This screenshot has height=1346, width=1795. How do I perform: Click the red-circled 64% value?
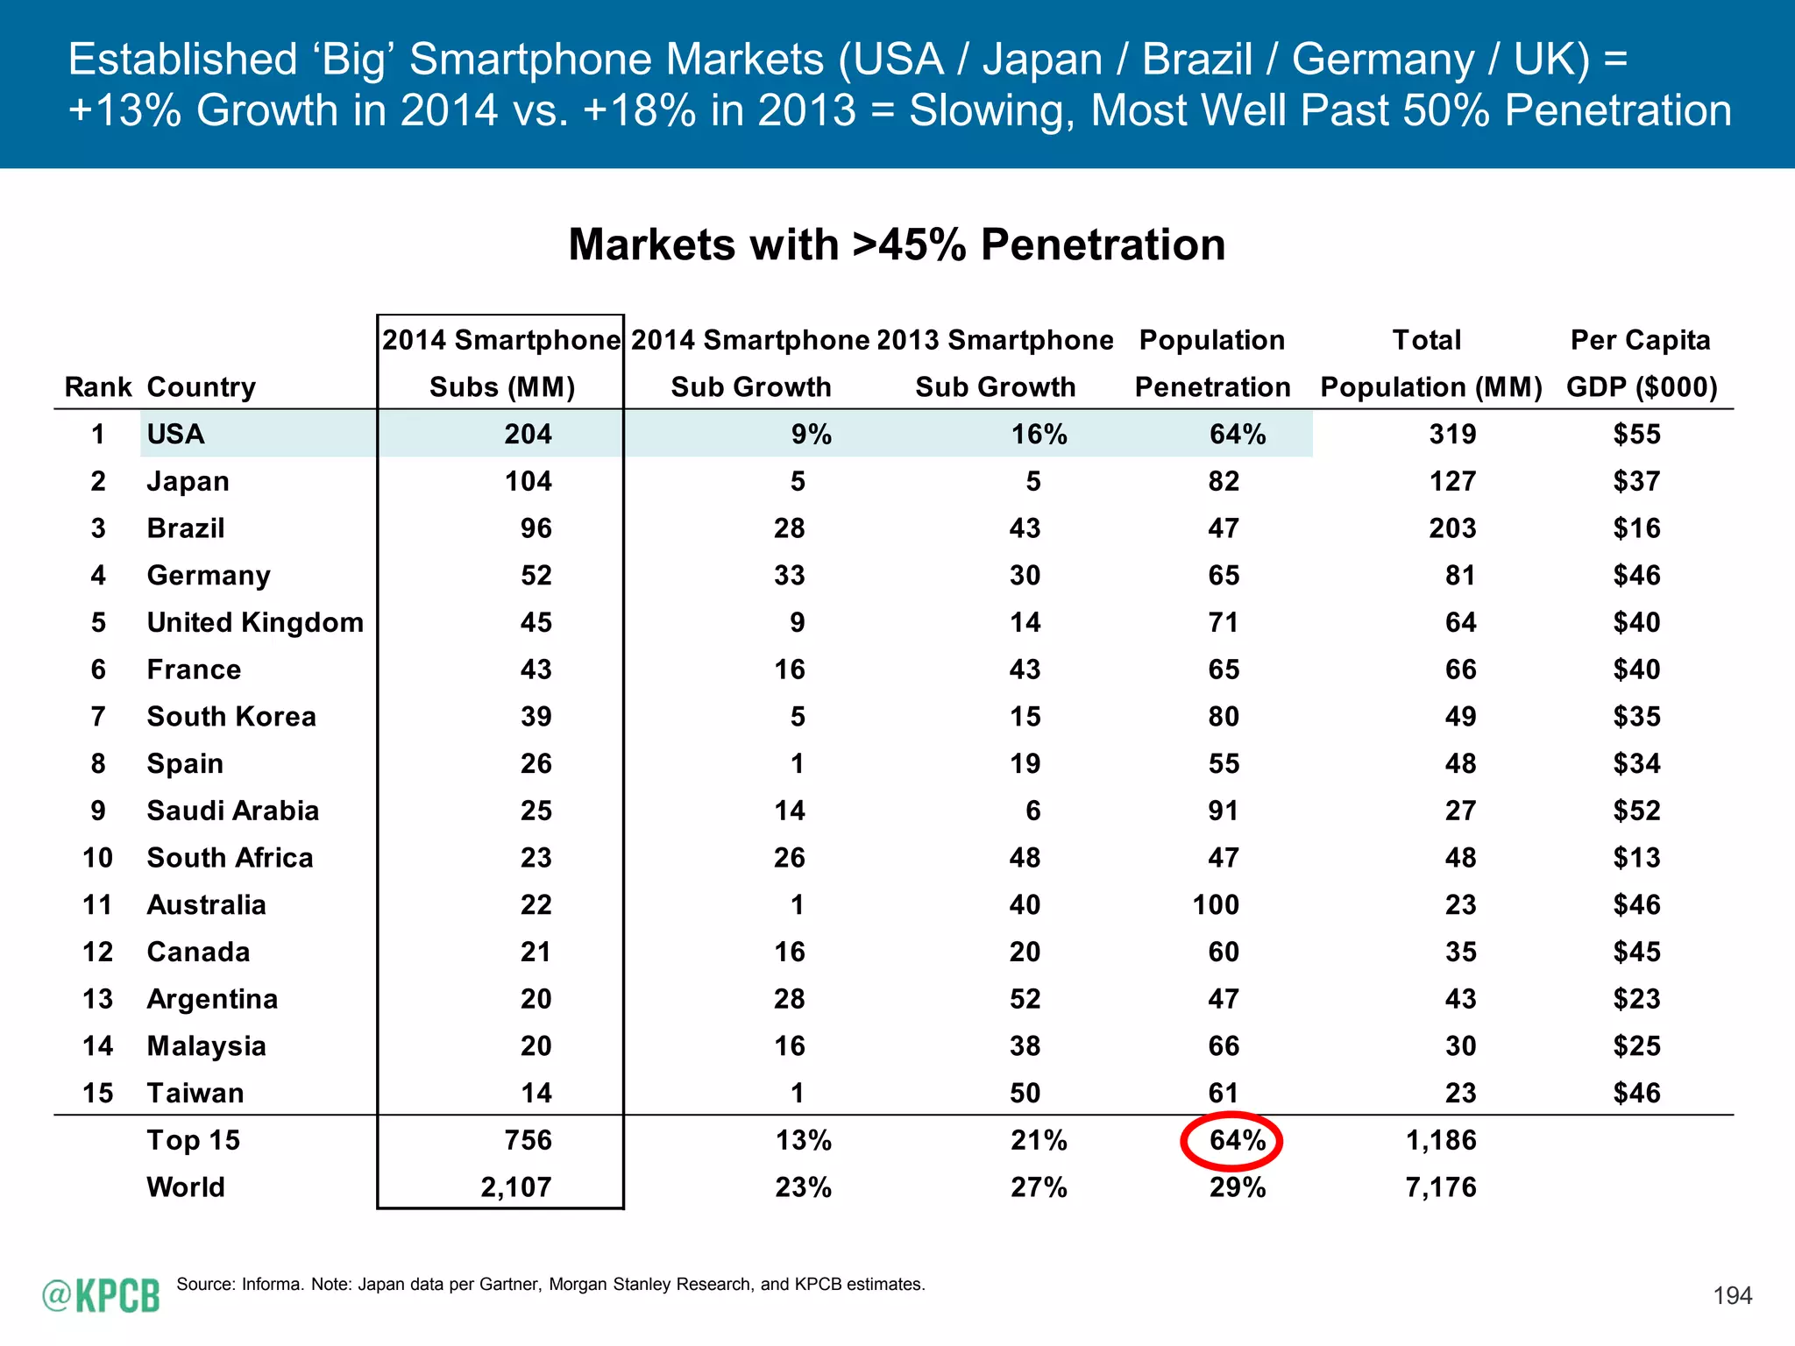coord(1237,1140)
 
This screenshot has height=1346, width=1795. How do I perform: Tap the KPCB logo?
coord(102,1295)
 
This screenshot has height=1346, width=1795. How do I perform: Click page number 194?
coord(1732,1295)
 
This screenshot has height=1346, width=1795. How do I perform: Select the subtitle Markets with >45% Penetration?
coord(897,244)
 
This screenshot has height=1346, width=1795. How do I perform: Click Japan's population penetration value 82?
coord(1224,481)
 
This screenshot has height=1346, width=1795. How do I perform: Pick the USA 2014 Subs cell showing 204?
coord(528,434)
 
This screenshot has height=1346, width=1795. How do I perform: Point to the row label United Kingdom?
coord(255,622)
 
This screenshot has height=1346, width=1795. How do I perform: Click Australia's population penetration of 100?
coord(1216,904)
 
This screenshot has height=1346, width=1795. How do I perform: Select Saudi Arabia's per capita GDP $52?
coord(1636,811)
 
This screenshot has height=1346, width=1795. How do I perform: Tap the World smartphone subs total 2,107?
coord(516,1187)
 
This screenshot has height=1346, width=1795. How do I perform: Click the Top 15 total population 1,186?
coord(1441,1140)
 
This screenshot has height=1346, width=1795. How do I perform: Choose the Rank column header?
coord(97,386)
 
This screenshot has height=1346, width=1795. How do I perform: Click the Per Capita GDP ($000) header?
coord(1641,364)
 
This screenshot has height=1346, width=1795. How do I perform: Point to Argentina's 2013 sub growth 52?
coord(1025,999)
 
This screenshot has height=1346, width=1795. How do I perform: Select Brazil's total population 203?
coord(1452,528)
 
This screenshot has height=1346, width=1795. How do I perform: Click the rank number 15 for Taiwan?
coord(97,1093)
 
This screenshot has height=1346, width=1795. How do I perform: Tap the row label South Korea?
coord(231,717)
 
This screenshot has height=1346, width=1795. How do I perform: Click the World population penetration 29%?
coord(1237,1187)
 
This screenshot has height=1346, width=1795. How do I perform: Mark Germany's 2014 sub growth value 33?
coord(789,576)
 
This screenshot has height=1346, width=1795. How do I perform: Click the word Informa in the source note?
coord(272,1284)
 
